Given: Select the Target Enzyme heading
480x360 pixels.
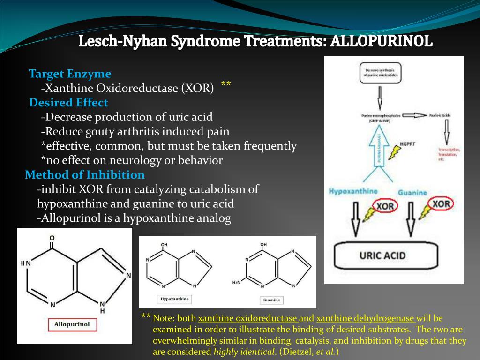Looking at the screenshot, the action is [x=70, y=74].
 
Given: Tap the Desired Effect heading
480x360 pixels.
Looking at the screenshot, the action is [x=68, y=103].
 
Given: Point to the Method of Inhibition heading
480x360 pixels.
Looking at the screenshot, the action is [x=85, y=175].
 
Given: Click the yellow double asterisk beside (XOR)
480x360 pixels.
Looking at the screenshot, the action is [x=226, y=85].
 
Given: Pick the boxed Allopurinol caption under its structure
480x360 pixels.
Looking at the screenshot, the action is [x=72, y=324].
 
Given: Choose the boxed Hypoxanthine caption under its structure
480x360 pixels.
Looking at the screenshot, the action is [x=174, y=299].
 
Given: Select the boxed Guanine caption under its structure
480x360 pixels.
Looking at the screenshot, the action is [x=271, y=300].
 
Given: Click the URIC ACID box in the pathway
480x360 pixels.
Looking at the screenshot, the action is [x=382, y=256].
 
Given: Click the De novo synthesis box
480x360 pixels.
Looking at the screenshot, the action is [x=379, y=74].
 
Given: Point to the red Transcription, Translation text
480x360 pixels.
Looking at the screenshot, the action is [x=449, y=154].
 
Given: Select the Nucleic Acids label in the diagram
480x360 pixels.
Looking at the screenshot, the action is [x=442, y=115].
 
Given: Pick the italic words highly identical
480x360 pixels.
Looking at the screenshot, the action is [x=243, y=352].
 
